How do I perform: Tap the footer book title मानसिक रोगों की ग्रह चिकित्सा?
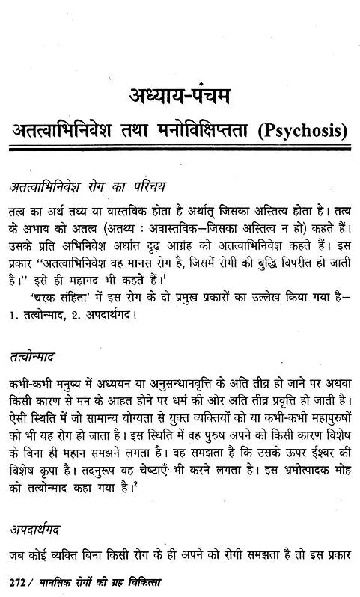tap(94, 581)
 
